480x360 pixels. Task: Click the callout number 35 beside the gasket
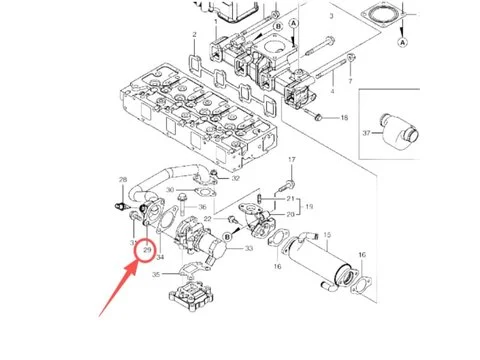pyautogui.click(x=156, y=273)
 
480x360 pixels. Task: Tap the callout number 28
pyautogui.click(x=123, y=180)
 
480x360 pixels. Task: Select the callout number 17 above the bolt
pyautogui.click(x=293, y=161)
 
